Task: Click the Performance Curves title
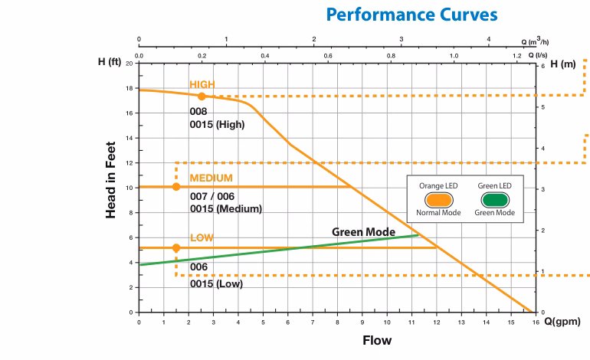411,15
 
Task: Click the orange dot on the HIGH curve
202,97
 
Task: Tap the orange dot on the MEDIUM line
176,187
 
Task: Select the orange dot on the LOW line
176,248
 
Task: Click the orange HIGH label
202,85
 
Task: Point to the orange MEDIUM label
211,178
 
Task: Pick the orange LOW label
202,237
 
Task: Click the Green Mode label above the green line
363,232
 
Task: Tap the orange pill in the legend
438,200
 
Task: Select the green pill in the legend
495,200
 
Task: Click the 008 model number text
198,112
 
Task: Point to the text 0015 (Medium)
226,209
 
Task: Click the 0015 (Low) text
216,284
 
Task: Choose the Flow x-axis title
377,340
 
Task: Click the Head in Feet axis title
110,180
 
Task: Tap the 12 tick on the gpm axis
437,322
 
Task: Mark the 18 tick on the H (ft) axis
129,88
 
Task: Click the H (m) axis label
563,64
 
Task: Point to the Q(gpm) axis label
562,322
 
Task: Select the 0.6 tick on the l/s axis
328,56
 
